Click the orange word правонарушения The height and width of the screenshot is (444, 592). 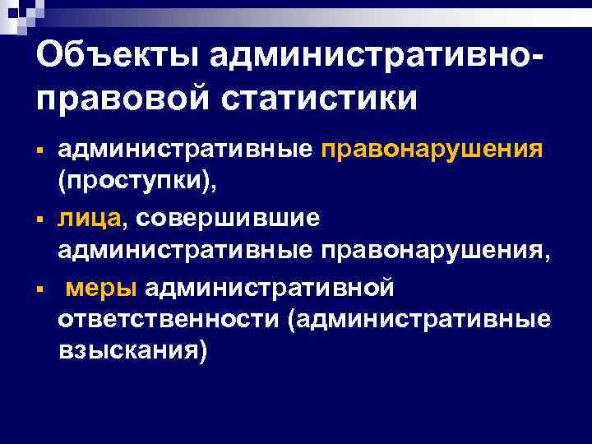click(x=432, y=150)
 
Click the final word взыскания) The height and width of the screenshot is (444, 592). click(x=130, y=351)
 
